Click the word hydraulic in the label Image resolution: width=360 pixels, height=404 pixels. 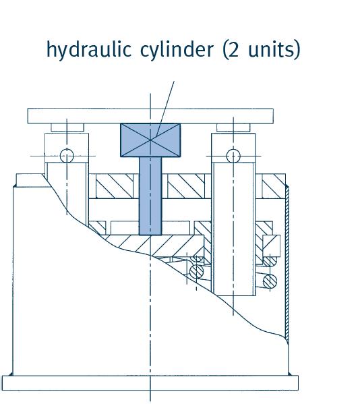89,50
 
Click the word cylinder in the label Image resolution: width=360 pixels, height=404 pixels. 177,50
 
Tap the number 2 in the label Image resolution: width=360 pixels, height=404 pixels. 233,49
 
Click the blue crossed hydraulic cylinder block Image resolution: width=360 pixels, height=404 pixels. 150,140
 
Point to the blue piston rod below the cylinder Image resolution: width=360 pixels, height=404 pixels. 150,196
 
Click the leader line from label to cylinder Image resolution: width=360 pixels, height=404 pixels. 165,109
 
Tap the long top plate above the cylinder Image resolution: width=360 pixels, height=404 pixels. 150,116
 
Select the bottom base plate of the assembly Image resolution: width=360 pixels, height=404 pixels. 150,383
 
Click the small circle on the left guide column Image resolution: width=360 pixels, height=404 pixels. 67,156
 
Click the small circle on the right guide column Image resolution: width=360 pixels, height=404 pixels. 233,156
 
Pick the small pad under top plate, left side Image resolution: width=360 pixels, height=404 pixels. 67,127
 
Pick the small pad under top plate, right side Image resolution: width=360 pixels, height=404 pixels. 233,127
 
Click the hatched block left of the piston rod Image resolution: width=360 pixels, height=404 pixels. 115,186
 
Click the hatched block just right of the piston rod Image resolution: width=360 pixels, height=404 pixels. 186,186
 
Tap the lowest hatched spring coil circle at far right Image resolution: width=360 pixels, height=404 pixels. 270,281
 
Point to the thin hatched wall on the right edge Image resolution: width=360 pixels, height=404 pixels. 287,263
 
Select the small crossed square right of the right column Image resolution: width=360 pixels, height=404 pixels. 272,246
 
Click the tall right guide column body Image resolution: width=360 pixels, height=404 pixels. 233,229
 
